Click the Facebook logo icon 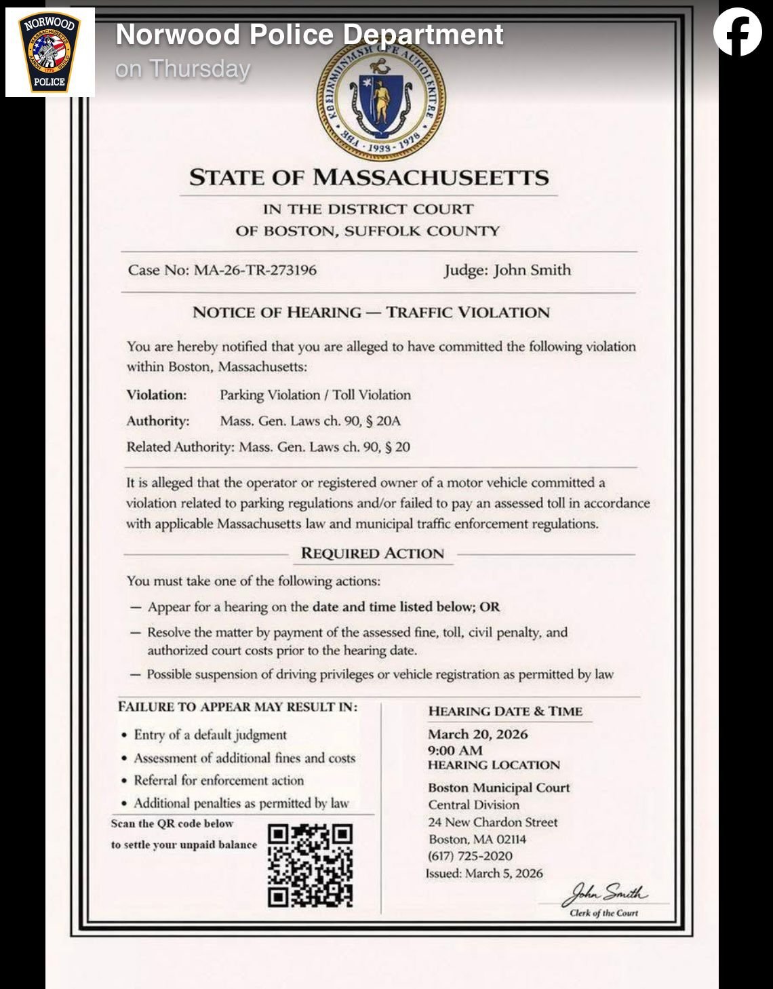click(737, 32)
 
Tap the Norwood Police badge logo click(49, 52)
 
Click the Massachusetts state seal click(381, 99)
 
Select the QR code click(311, 865)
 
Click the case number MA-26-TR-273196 click(255, 270)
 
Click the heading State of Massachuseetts click(369, 178)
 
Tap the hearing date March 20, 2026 click(477, 734)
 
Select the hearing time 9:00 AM click(455, 750)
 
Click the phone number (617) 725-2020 click(470, 856)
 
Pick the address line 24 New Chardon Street click(492, 822)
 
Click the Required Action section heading click(372, 554)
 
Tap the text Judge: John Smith click(507, 270)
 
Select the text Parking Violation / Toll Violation click(315, 395)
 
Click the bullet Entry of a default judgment click(210, 735)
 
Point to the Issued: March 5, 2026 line click(484, 873)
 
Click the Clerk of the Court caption click(603, 913)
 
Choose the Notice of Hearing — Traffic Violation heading click(371, 313)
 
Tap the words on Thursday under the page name click(183, 69)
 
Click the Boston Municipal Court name click(498, 788)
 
